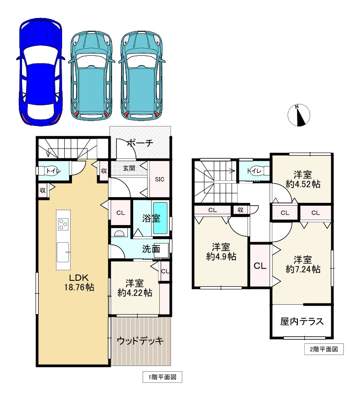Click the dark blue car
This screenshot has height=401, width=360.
39,72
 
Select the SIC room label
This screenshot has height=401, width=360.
159,179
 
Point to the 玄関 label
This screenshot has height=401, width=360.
129,168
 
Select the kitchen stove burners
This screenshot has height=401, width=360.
63,224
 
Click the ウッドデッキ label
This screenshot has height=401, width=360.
139,341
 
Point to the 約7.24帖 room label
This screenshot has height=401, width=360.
303,265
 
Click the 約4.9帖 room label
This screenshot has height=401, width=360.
221,252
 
